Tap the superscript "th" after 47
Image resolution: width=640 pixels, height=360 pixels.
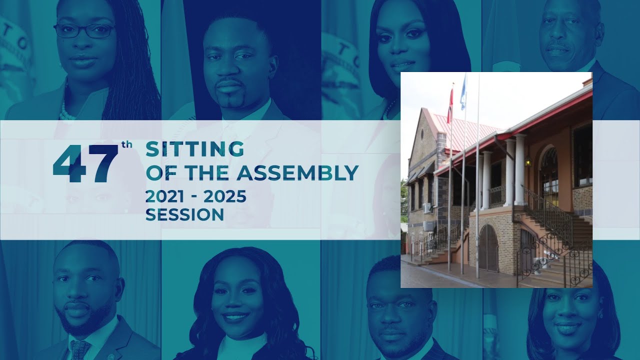(x=126, y=147)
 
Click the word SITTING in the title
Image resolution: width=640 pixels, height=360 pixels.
(x=194, y=149)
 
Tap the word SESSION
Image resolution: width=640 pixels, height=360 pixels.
(x=184, y=214)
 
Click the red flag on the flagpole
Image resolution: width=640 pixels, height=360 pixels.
(x=450, y=106)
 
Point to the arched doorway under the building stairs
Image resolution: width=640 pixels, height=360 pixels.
(x=488, y=248)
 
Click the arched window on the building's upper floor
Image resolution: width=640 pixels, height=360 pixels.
(x=549, y=170)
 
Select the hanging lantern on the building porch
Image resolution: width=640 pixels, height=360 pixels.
(x=527, y=161)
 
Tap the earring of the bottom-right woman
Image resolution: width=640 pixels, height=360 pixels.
(x=600, y=315)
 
